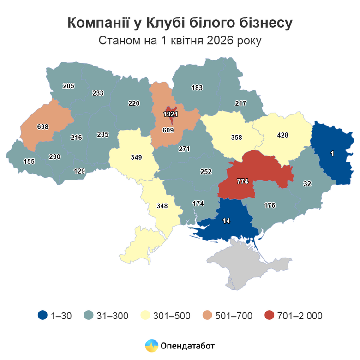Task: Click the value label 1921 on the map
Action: click(171, 114)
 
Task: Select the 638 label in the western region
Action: click(43, 126)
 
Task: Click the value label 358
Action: click(236, 137)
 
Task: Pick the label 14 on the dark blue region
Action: click(226, 221)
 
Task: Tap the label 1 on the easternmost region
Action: click(332, 153)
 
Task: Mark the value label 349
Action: click(136, 157)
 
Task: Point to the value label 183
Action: click(197, 87)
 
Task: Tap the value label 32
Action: click(307, 183)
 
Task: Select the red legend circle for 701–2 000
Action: click(270, 316)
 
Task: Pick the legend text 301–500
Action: click(172, 316)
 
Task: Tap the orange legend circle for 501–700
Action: click(208, 316)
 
